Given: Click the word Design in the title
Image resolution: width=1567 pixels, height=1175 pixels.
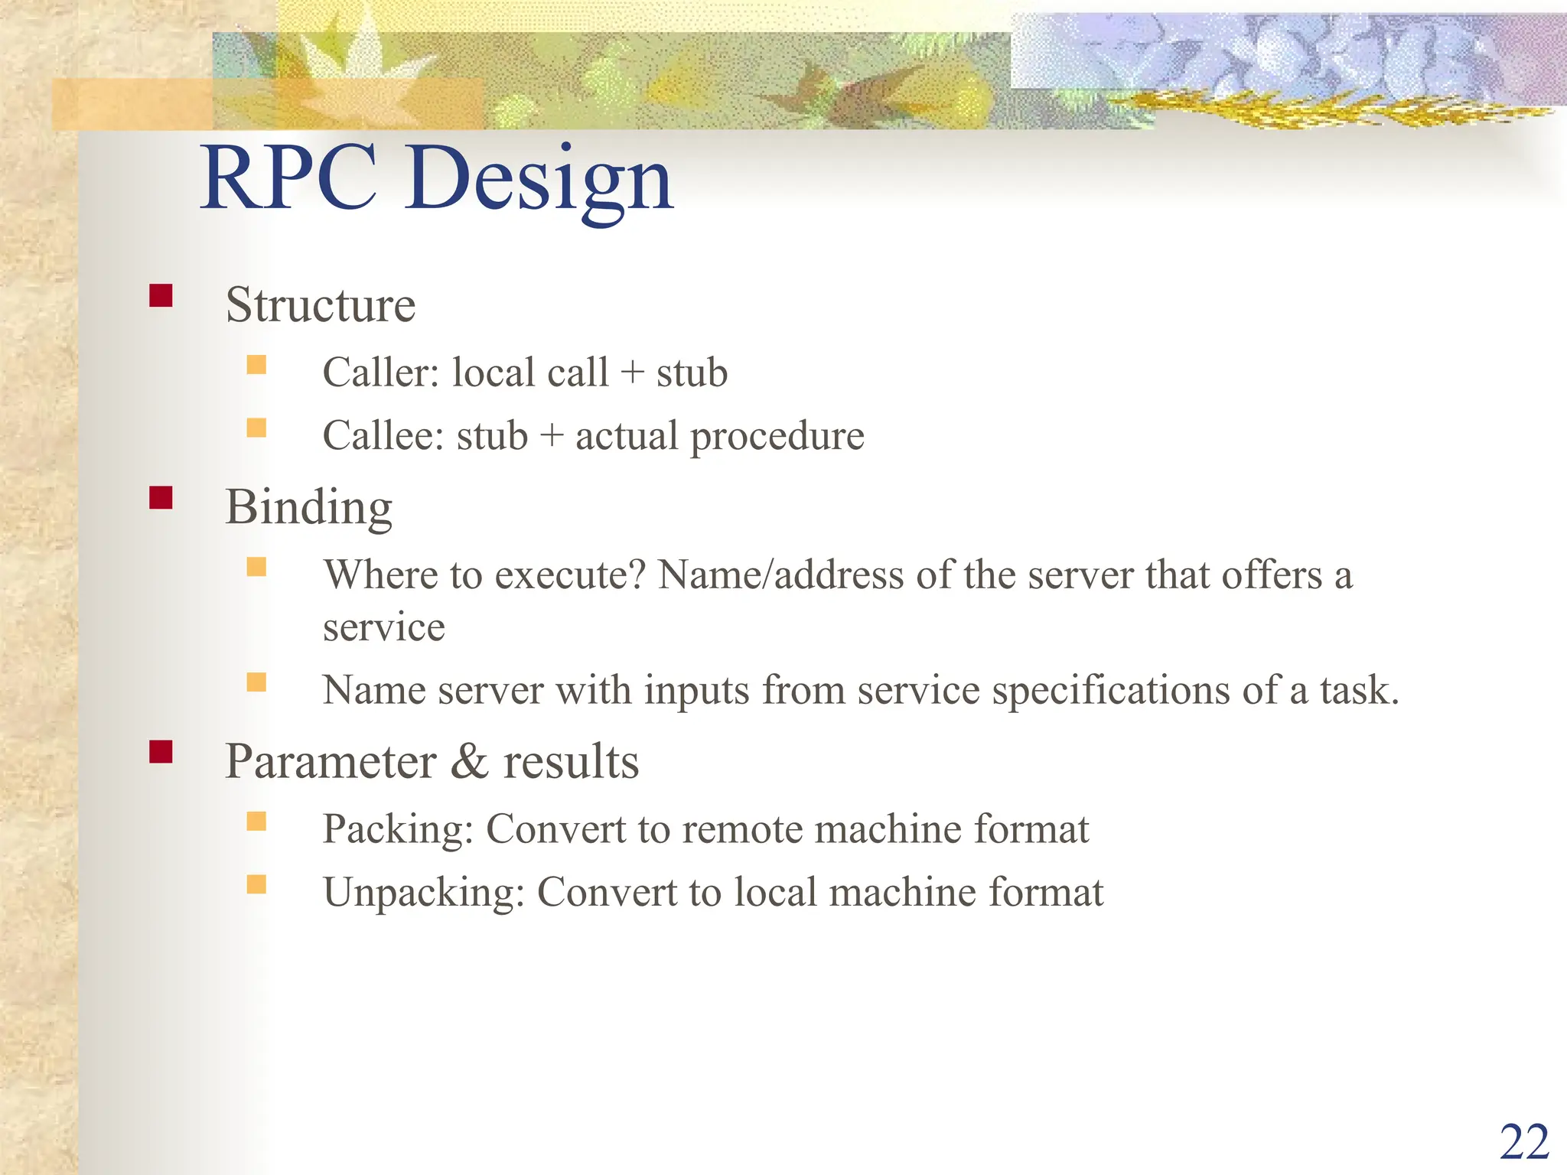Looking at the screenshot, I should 539,182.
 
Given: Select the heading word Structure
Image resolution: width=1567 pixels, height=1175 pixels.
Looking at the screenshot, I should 320,305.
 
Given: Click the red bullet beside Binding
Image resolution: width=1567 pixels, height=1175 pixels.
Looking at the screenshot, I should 161,498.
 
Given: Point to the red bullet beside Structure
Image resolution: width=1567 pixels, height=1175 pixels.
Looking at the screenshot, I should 161,296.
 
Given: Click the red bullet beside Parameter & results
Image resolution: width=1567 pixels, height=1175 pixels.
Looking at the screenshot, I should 161,752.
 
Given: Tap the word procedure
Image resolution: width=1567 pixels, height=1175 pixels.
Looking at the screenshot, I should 777,438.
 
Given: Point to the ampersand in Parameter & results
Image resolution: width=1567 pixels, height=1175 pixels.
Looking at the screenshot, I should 469,762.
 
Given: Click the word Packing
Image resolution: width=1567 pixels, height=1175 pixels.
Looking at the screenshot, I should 397,831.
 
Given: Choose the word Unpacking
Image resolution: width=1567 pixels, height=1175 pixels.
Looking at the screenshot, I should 423,893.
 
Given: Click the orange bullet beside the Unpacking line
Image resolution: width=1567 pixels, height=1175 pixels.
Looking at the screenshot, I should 256,885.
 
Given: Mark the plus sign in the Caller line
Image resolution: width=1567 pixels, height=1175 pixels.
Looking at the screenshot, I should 632,373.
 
